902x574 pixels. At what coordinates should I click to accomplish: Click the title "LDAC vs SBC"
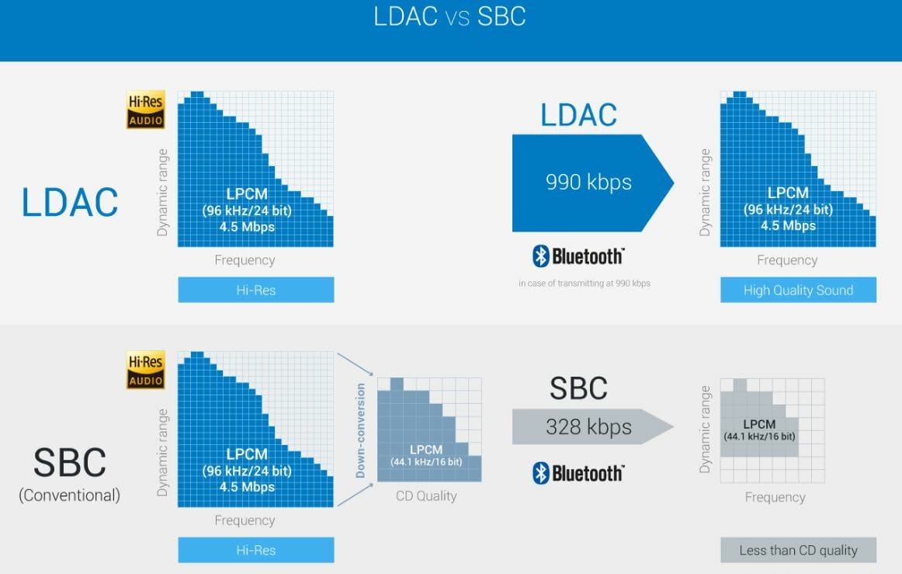click(450, 17)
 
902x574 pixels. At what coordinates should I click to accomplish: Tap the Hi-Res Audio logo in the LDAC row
click(146, 110)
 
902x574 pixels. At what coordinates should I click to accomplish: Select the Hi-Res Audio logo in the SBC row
click(146, 370)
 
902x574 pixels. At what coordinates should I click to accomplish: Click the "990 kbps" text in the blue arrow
click(588, 183)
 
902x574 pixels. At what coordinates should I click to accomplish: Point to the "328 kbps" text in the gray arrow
click(588, 426)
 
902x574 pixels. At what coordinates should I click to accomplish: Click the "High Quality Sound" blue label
click(798, 290)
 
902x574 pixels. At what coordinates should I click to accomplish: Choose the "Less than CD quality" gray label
click(798, 550)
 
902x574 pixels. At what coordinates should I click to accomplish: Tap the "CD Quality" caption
click(427, 496)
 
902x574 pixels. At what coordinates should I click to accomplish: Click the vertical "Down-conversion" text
click(361, 430)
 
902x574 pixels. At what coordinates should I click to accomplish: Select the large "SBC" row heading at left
click(69, 463)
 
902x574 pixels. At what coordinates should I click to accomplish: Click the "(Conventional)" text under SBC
click(69, 495)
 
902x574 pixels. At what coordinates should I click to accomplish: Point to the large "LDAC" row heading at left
click(70, 202)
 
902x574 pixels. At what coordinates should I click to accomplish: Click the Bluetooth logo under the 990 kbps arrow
click(578, 256)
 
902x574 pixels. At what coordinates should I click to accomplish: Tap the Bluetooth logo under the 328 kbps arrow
click(578, 473)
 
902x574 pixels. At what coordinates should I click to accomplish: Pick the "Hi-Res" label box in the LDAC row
click(255, 290)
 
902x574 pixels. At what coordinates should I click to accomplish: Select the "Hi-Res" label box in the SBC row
click(255, 550)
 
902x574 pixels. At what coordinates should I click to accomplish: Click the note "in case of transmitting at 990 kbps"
click(585, 284)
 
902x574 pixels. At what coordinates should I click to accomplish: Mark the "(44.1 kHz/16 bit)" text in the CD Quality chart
click(426, 463)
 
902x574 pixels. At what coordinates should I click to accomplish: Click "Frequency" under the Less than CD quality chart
click(775, 497)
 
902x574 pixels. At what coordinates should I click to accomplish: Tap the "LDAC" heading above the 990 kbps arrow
click(578, 115)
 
